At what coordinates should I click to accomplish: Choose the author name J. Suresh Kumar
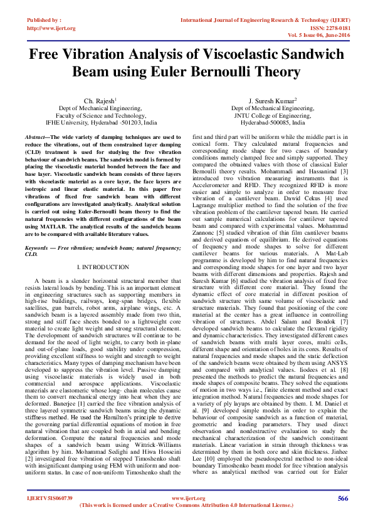[x=272, y=101]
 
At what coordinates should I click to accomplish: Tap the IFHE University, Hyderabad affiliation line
[x=102, y=123]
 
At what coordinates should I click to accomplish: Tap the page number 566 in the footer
[x=342, y=498]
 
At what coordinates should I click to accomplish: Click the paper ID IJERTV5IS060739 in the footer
[x=50, y=498]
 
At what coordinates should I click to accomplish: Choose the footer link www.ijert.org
[x=188, y=498]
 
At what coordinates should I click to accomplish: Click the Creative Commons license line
[x=188, y=504]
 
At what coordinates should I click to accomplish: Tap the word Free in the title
[x=51, y=54]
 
